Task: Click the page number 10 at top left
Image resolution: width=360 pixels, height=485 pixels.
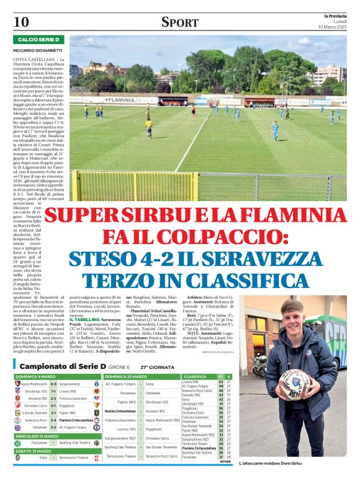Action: click(x=21, y=21)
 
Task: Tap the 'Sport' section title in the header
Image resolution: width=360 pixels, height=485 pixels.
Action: click(x=179, y=22)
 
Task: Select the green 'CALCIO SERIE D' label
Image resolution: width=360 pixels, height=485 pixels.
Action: click(x=39, y=40)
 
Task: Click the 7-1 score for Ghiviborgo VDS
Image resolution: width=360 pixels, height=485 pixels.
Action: click(x=54, y=392)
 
